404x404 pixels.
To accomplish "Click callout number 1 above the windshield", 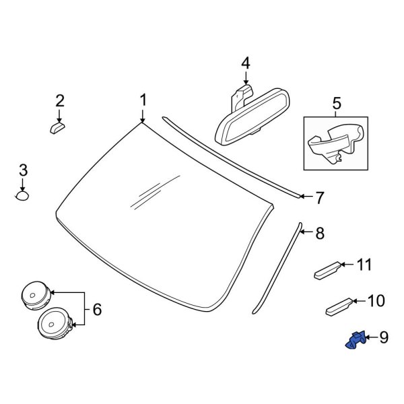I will pyautogui.click(x=143, y=100).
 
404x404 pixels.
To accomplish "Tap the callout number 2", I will pyautogui.click(x=60, y=101).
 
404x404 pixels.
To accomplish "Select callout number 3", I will pyautogui.click(x=23, y=170).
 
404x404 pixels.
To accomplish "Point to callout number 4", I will pyautogui.click(x=245, y=63).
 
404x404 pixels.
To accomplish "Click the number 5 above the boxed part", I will pyautogui.click(x=337, y=104).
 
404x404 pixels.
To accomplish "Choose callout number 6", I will pyautogui.click(x=97, y=310).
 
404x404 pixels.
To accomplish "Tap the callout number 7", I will pyautogui.click(x=319, y=197).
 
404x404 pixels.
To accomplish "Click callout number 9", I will pyautogui.click(x=384, y=337).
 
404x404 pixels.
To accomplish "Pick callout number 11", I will pyautogui.click(x=364, y=265).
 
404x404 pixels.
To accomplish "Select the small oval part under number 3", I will pyautogui.click(x=22, y=196).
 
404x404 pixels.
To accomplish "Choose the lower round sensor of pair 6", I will pyautogui.click(x=55, y=323).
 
